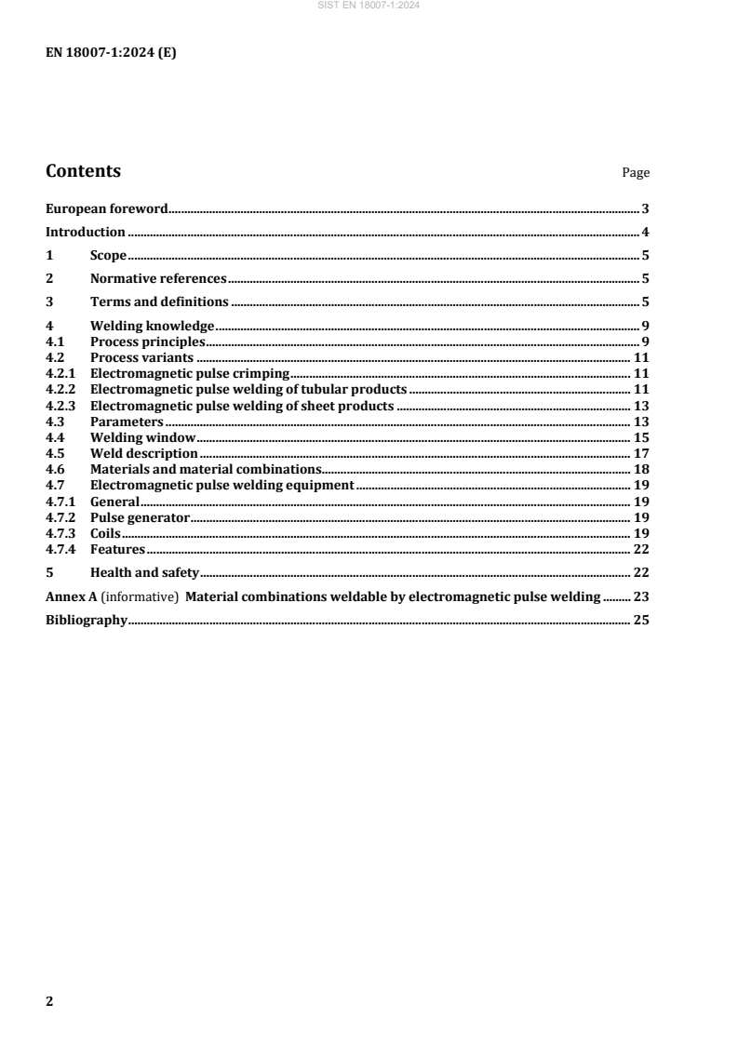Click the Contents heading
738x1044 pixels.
point(83,171)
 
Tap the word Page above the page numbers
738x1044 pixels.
point(636,173)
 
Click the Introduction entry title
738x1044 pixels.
point(86,232)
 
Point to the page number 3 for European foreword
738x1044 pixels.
point(645,209)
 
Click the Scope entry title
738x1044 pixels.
point(108,255)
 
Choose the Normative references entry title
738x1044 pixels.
point(158,278)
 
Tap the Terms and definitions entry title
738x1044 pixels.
point(159,301)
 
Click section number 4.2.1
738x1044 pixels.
point(60,373)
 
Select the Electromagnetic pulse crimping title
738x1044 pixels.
point(190,373)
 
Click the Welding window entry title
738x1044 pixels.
point(142,436)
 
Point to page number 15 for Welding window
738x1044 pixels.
point(641,436)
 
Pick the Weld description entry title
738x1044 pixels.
point(144,453)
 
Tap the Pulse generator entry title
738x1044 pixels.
point(140,516)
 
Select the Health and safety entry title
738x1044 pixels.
point(145,572)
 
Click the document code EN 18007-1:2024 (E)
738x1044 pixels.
point(111,53)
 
